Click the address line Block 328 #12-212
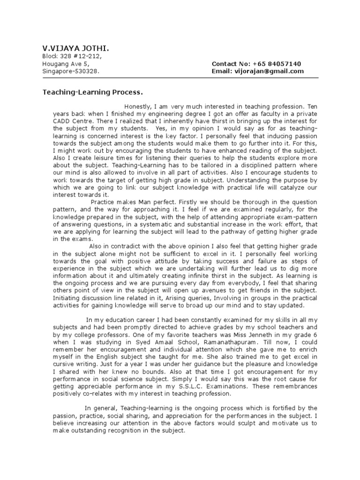tap(71, 56)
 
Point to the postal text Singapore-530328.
tap(71, 71)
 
